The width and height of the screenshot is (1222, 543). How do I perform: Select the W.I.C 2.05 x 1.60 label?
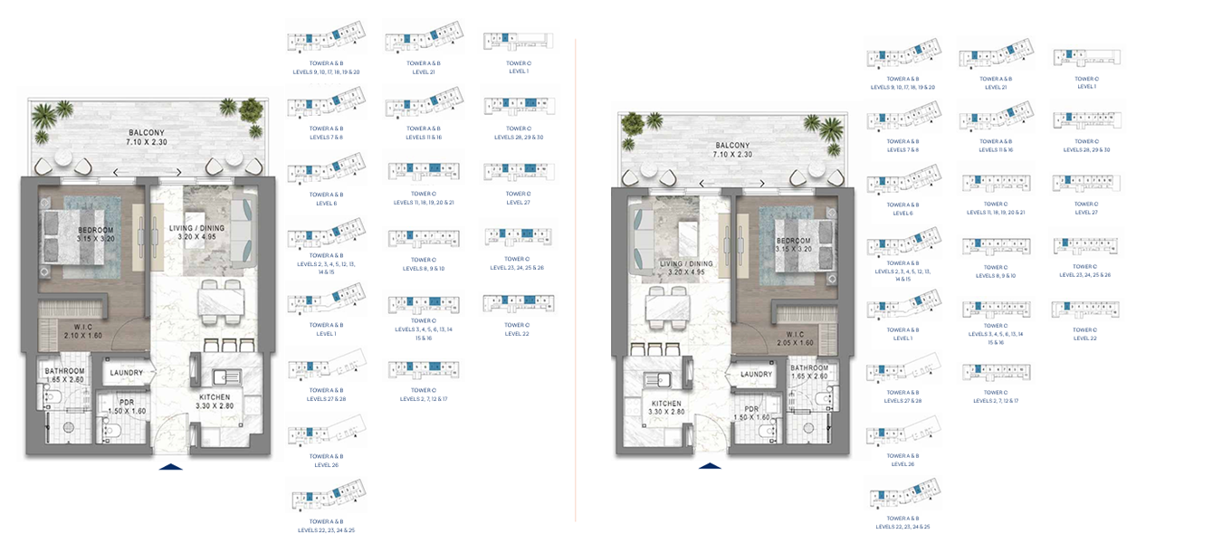tap(797, 337)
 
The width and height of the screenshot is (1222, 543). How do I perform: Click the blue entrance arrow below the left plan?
tap(170, 466)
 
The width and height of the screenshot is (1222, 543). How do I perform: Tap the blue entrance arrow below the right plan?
tap(710, 466)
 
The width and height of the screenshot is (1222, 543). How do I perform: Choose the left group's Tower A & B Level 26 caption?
tap(326, 460)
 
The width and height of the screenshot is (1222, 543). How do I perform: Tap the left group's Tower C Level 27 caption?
tap(518, 199)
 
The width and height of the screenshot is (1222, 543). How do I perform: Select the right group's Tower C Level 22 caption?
tap(1085, 334)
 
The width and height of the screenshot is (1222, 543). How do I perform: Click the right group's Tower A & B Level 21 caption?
tap(996, 83)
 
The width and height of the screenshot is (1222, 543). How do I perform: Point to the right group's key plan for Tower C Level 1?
tap(1085, 58)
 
